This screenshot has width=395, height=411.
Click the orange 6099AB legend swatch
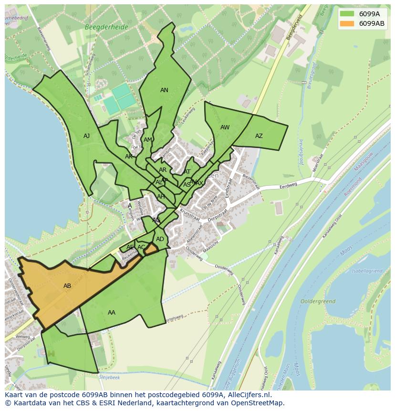pyautogui.click(x=347, y=23)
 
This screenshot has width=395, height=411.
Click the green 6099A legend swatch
pyautogui.click(x=347, y=14)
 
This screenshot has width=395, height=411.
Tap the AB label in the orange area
pyautogui.click(x=67, y=286)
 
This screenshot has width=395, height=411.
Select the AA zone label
pyautogui.click(x=112, y=313)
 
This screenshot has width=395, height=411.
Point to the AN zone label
pyautogui.click(x=164, y=90)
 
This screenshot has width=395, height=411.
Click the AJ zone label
pyautogui.click(x=86, y=136)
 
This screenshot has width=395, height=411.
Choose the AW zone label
pyautogui.click(x=225, y=127)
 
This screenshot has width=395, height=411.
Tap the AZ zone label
pyautogui.click(x=259, y=136)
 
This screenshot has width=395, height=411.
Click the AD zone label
pyautogui.click(x=160, y=239)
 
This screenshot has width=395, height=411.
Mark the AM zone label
pyautogui.click(x=148, y=140)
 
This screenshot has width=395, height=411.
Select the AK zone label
pyautogui.click(x=129, y=157)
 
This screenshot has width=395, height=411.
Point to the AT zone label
pyautogui.click(x=187, y=172)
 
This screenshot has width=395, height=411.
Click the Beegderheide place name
pyautogui.click(x=106, y=27)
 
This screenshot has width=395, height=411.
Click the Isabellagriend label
pyautogui.click(x=367, y=271)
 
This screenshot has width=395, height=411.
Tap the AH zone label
pyautogui.click(x=161, y=197)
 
